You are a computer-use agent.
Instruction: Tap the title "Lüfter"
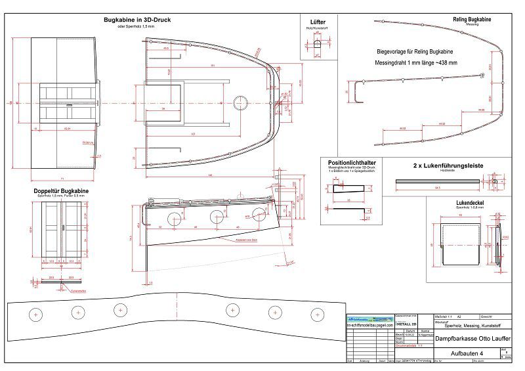[317, 22]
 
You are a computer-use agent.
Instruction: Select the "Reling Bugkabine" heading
[472, 20]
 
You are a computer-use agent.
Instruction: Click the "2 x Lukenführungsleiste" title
[448, 166]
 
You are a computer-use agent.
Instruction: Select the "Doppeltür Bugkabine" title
[62, 190]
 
